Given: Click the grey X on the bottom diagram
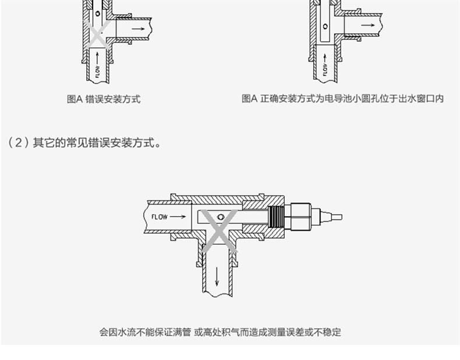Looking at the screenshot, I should (x=220, y=231).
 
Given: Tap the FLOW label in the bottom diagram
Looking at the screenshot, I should (x=159, y=217).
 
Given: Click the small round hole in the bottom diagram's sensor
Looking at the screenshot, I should (x=220, y=217).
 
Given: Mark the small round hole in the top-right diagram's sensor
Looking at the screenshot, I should (x=325, y=26).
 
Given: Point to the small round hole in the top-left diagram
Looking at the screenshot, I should (x=97, y=13).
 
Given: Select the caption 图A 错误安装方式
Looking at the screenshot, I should (x=104, y=99).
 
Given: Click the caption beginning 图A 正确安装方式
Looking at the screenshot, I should (x=342, y=99).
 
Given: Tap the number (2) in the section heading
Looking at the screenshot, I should (x=17, y=142).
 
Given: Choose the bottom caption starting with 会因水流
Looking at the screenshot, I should (x=220, y=332).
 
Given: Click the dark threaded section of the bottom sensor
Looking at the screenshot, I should (x=277, y=217).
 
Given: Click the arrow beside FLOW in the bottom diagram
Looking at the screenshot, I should (x=178, y=217).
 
